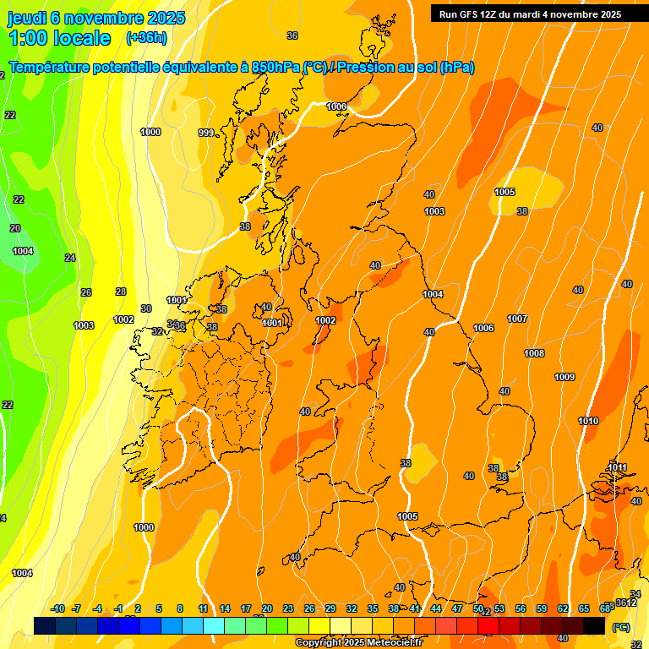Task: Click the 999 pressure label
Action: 206,133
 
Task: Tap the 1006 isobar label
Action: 483,328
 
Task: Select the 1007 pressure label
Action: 517,319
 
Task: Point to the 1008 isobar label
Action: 534,353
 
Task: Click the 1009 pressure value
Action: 564,377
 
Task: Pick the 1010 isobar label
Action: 588,421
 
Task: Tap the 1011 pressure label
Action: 617,467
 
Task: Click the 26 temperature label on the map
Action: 86,292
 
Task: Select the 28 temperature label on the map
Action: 121,292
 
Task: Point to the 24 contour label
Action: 70,258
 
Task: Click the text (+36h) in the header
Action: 145,38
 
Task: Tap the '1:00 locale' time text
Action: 60,38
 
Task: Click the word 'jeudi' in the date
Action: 27,17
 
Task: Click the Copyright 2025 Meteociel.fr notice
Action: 359,643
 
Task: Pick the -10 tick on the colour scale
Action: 57,608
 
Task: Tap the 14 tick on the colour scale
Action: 225,608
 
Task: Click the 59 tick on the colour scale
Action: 542,608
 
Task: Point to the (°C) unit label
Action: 621,626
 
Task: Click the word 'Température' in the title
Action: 53,68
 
